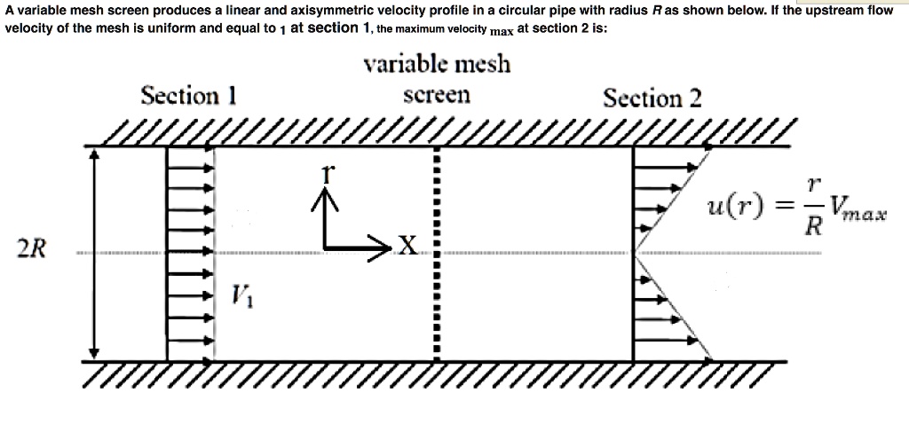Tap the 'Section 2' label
[652, 98]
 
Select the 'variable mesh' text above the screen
[437, 65]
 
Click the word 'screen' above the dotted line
[437, 94]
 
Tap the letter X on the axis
[407, 246]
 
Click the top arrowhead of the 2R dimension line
[96, 153]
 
